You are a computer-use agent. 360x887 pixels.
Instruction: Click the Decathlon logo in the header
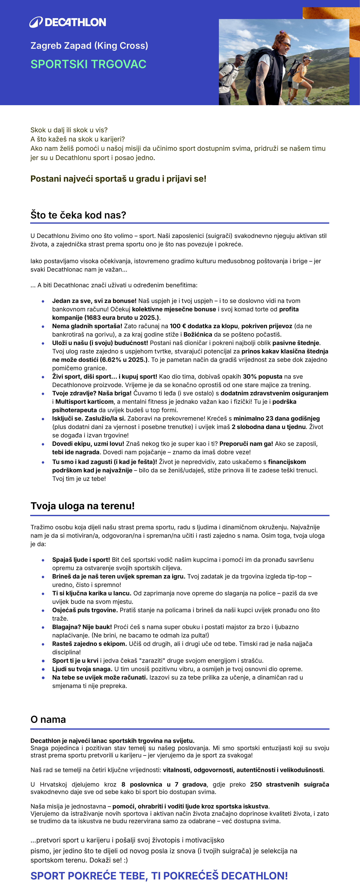click(x=68, y=22)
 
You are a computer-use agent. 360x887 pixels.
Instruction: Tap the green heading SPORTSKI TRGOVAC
click(x=88, y=64)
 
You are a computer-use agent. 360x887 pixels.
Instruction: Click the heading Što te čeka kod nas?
click(x=78, y=215)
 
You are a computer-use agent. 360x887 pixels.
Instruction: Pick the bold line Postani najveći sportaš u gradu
click(x=118, y=179)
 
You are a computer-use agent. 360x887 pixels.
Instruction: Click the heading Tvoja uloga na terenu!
click(x=83, y=506)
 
